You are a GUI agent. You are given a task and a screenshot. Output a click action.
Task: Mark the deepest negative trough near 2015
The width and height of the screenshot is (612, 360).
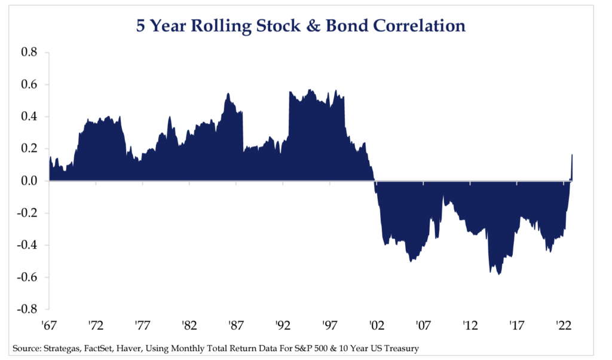click(498, 273)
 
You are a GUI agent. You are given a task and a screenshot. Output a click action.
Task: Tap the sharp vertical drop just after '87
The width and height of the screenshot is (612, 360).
click(243, 132)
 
